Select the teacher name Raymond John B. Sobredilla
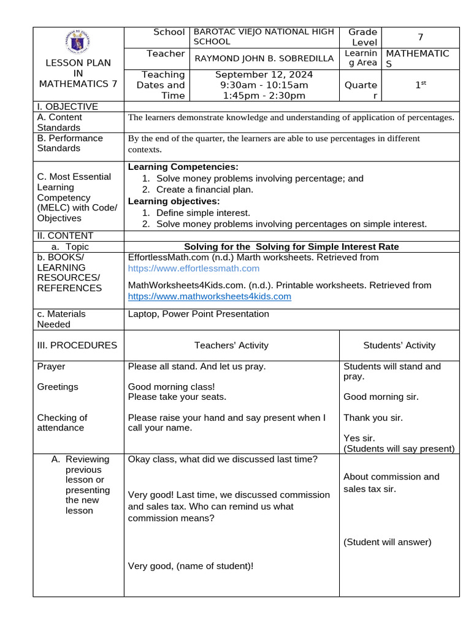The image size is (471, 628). pos(264,59)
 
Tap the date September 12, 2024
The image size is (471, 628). pos(265,74)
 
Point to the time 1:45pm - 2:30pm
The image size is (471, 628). pos(265,96)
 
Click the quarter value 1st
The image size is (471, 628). pos(421,85)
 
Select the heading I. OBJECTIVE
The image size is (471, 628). pos(67,107)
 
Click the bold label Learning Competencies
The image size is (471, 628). pos(183,167)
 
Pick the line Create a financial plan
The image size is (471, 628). pos(204,190)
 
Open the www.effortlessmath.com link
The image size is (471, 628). pos(193,269)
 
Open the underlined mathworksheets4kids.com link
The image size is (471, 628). pos(209,297)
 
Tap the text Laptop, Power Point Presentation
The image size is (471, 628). pos(198,314)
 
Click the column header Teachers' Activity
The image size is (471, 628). pos(231,345)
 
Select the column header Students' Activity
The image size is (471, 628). pos(399,345)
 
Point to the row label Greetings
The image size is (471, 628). pos(58,387)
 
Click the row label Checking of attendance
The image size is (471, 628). pos(62,423)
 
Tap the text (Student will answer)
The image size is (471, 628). pos(388,542)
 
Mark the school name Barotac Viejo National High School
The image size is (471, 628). pos(264,37)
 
